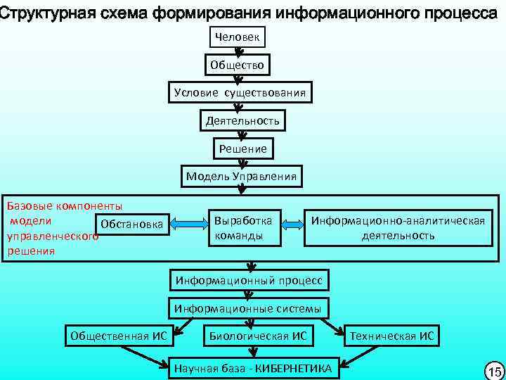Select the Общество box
click(237, 65)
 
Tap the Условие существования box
click(240, 93)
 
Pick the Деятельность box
click(242, 121)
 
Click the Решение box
click(242, 148)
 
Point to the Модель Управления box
click(241, 176)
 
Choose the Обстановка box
click(132, 224)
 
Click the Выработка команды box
click(245, 227)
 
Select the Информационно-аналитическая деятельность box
click(398, 227)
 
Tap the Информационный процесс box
click(249, 280)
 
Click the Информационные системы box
click(247, 308)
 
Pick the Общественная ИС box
click(119, 336)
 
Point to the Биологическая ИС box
click(258, 336)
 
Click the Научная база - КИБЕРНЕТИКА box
click(253, 366)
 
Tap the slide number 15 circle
click(493, 370)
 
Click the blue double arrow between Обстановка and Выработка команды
click(189, 224)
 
